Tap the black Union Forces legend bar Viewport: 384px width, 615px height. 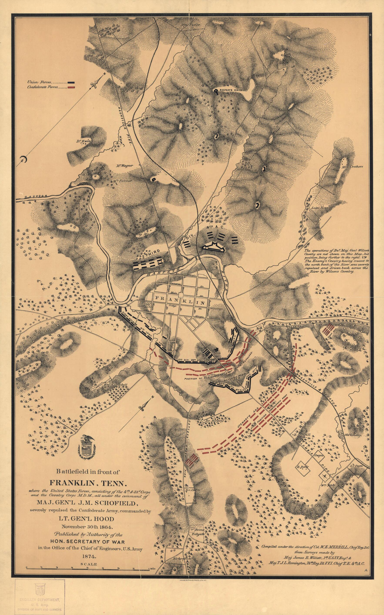pos(71,82)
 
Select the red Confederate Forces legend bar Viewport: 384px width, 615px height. pos(71,87)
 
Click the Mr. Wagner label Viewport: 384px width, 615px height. pos(124,165)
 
